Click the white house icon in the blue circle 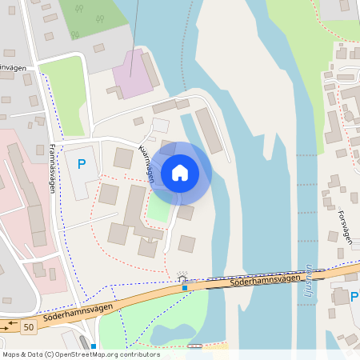(180, 172)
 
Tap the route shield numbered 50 (30, 327)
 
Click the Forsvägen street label (344, 226)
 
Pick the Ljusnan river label (310, 281)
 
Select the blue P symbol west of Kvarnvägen (81, 165)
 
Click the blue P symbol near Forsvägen (354, 298)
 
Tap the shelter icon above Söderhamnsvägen (184, 277)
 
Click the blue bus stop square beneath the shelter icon (185, 287)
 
